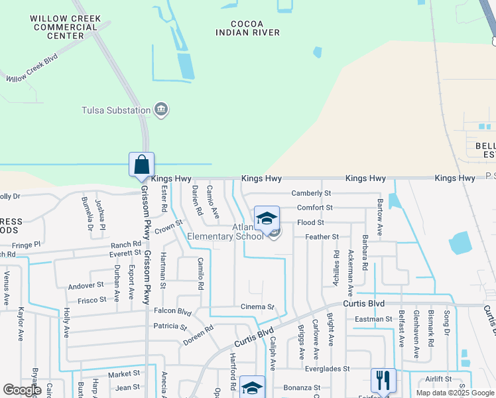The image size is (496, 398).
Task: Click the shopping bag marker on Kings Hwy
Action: click(x=141, y=165)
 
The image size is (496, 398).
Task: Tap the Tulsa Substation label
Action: click(x=115, y=110)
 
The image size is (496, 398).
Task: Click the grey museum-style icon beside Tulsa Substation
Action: click(x=160, y=109)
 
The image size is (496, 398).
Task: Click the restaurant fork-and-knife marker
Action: click(x=383, y=380)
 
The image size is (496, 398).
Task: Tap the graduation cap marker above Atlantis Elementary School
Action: click(x=267, y=218)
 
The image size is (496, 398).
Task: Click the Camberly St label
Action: click(x=311, y=193)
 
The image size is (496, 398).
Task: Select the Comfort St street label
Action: click(x=314, y=208)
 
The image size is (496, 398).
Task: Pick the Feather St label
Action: click(x=322, y=237)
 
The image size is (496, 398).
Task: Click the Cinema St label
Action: click(x=257, y=307)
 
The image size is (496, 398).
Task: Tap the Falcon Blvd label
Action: click(x=172, y=312)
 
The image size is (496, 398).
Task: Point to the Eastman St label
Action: click(x=373, y=319)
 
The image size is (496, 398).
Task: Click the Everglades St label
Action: click(x=327, y=368)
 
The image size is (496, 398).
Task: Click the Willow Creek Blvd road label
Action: click(x=32, y=68)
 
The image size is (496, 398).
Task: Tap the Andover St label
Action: click(x=86, y=285)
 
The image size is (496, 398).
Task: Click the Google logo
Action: click(x=22, y=390)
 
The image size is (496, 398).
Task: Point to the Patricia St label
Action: click(x=170, y=326)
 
